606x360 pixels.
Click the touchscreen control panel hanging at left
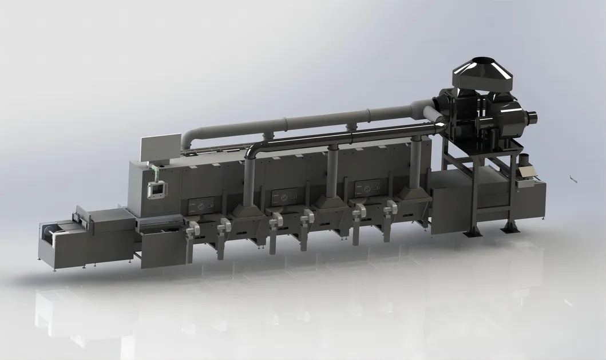click(156, 189)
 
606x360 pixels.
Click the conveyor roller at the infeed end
click(45, 234)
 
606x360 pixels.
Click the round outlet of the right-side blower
click(532, 118)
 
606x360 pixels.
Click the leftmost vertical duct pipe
click(248, 183)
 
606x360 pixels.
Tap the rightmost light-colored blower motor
click(393, 209)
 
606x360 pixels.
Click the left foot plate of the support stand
click(472, 232)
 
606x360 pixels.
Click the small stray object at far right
click(573, 179)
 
